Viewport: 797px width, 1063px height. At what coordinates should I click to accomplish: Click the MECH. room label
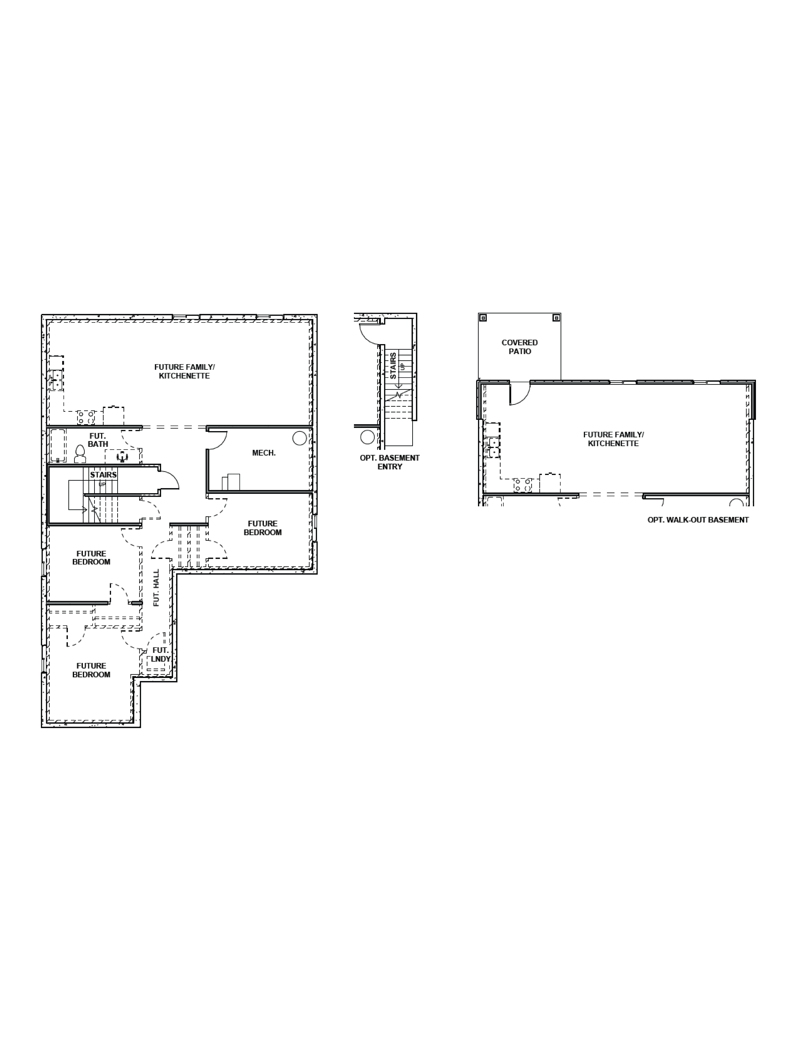click(x=264, y=453)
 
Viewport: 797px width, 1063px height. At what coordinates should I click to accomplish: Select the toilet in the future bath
click(x=80, y=454)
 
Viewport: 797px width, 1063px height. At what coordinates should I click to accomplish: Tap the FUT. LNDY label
click(x=160, y=654)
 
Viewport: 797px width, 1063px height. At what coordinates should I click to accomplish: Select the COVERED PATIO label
click(x=519, y=347)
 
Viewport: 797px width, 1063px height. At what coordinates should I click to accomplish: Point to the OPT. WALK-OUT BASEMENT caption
click(x=698, y=519)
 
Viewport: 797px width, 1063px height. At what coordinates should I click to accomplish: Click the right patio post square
click(x=556, y=318)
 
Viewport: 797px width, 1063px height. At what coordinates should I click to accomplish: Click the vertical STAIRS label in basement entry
click(x=393, y=366)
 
